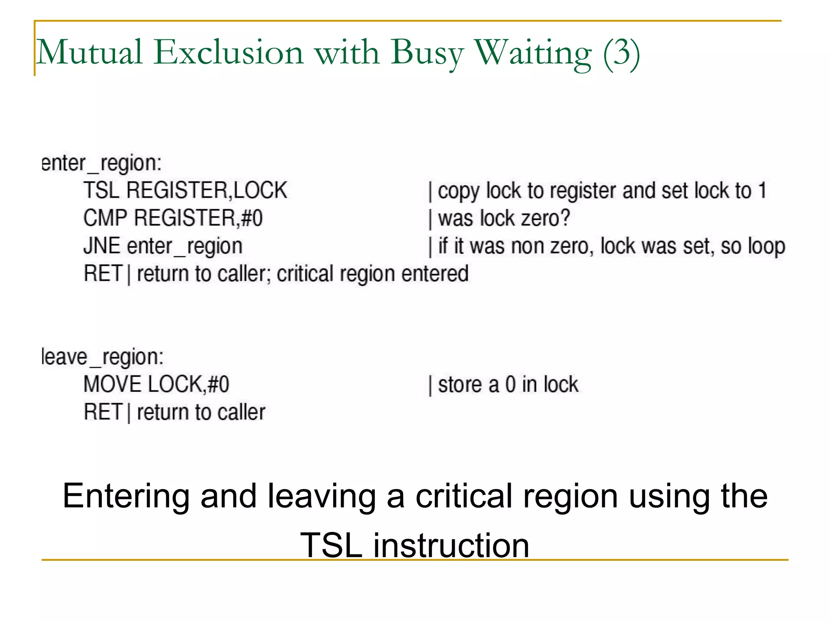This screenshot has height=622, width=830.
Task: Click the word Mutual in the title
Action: click(x=89, y=53)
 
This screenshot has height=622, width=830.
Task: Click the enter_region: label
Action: click(x=101, y=163)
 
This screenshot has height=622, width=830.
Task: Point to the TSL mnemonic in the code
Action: click(x=101, y=190)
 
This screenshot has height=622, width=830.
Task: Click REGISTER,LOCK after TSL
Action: click(x=207, y=190)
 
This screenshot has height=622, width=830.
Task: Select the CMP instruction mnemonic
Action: click(x=105, y=218)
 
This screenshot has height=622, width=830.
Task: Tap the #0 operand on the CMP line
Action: click(x=252, y=218)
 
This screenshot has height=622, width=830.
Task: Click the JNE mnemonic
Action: click(x=102, y=246)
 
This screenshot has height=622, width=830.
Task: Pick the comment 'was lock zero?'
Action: click(x=504, y=218)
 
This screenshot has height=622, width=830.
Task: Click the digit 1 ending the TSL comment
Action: click(x=762, y=190)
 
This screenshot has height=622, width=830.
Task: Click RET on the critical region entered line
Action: click(x=103, y=273)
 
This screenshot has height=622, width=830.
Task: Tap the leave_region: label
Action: click(x=103, y=357)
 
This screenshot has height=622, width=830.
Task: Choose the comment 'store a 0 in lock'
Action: click(x=508, y=384)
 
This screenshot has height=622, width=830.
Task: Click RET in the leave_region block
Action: click(x=103, y=412)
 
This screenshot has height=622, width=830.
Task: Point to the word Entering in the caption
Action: click(x=126, y=496)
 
